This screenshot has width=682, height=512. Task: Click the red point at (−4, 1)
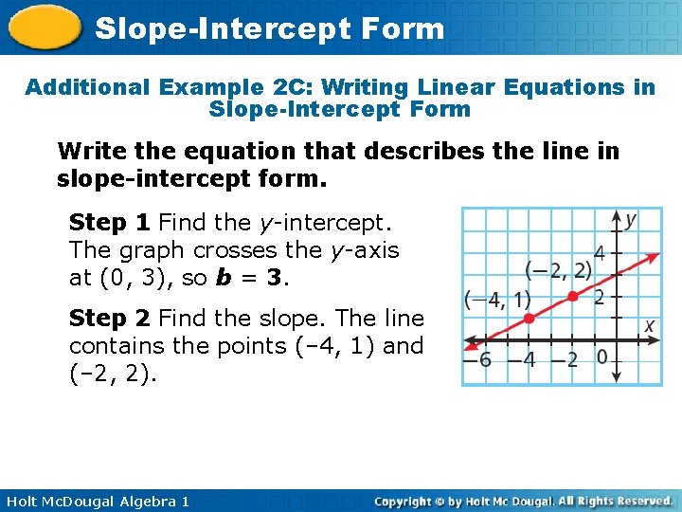529,319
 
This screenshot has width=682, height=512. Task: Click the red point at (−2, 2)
572,297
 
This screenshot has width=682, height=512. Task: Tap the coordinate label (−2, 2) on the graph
558,270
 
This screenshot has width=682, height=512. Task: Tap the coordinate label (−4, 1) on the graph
497,300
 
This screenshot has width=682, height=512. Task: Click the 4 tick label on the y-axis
599,253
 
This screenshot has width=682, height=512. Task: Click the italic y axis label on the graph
631,220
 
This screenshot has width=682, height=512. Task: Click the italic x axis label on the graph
650,325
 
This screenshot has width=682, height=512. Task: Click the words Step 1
110,223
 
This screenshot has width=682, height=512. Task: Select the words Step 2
110,318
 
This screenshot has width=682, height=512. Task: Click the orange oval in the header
44,29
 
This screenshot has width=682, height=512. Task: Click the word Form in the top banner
403,28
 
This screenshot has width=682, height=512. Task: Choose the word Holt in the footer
23,501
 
